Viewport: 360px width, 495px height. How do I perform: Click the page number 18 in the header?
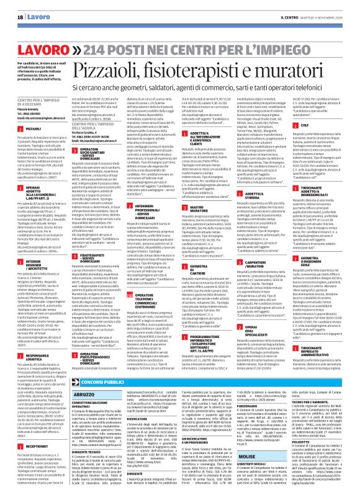[12, 7]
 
